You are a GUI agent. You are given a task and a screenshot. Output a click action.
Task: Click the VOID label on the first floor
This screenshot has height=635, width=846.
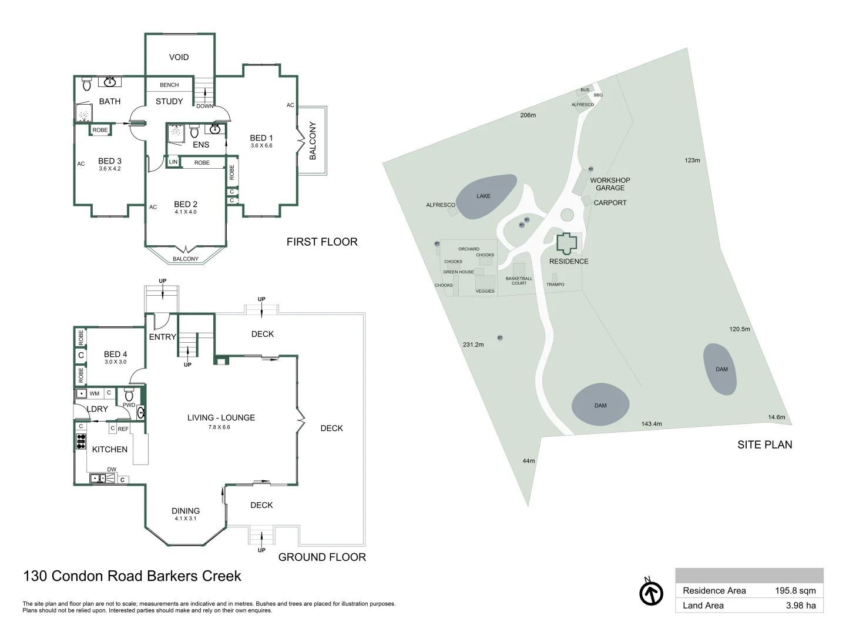(179, 57)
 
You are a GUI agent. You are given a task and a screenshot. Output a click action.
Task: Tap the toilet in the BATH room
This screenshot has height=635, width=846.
(87, 85)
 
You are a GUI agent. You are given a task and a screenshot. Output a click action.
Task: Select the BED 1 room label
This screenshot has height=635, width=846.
(261, 138)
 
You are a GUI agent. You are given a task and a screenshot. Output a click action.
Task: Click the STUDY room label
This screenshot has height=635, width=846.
(169, 101)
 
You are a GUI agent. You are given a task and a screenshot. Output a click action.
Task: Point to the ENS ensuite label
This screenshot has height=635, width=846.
(201, 145)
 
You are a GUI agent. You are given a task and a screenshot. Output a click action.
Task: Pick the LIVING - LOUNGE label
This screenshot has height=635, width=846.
(221, 417)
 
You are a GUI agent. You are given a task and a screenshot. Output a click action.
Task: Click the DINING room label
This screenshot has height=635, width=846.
(186, 511)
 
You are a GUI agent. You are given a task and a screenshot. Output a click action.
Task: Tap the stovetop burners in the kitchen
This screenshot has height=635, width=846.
(81, 441)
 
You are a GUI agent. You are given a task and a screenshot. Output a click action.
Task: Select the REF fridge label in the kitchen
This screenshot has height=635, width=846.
(123, 429)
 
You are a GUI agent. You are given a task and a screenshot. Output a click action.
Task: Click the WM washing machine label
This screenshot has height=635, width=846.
(94, 393)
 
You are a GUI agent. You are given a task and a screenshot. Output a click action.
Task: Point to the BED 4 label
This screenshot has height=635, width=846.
(115, 354)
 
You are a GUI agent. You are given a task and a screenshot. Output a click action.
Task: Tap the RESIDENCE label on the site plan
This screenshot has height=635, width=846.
(569, 261)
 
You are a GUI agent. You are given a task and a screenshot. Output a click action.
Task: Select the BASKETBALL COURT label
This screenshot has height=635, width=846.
(519, 280)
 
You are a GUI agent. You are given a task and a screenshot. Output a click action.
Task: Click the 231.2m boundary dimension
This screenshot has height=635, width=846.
(473, 345)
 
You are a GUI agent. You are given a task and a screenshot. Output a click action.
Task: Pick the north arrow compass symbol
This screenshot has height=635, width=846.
(651, 593)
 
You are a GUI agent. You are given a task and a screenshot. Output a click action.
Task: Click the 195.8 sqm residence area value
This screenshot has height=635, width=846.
(795, 591)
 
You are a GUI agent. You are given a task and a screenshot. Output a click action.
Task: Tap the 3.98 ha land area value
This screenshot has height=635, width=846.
(800, 606)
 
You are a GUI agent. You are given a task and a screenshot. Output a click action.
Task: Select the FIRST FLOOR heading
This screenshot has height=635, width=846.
(322, 242)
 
